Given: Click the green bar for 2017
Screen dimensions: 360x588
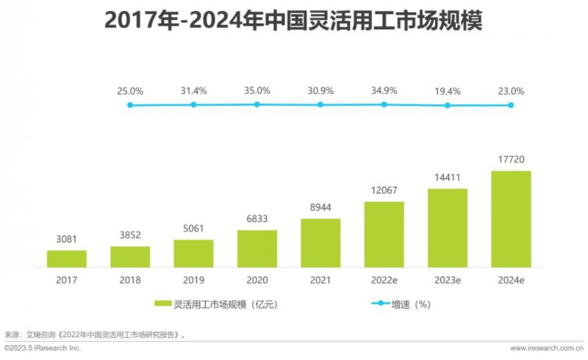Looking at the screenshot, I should coord(67,259).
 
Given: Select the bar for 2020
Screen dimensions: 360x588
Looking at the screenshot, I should coord(257,248).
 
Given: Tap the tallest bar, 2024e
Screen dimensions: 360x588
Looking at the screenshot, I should coord(511,219).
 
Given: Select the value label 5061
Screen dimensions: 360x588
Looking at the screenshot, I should coord(193,229).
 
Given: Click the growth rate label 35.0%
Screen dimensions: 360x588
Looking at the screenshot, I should coord(257,90).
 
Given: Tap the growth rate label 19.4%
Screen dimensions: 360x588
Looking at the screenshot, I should coord(447,90).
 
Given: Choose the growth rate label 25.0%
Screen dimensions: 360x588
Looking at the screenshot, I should coord(130,90).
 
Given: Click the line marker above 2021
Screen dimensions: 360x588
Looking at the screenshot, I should coord(320,105).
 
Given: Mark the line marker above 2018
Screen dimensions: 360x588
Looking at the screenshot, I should coord(193,105).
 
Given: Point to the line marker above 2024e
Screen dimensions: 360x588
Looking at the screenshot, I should coord(511,105).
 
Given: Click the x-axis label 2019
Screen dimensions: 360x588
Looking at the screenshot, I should coord(193,279).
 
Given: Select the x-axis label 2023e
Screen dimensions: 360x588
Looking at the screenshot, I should coord(447,279).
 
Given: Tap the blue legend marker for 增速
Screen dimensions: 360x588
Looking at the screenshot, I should coord(384,303).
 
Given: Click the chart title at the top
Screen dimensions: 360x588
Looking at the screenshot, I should coord(294,21).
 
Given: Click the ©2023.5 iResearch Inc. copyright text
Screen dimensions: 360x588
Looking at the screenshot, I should coord(42,348).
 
